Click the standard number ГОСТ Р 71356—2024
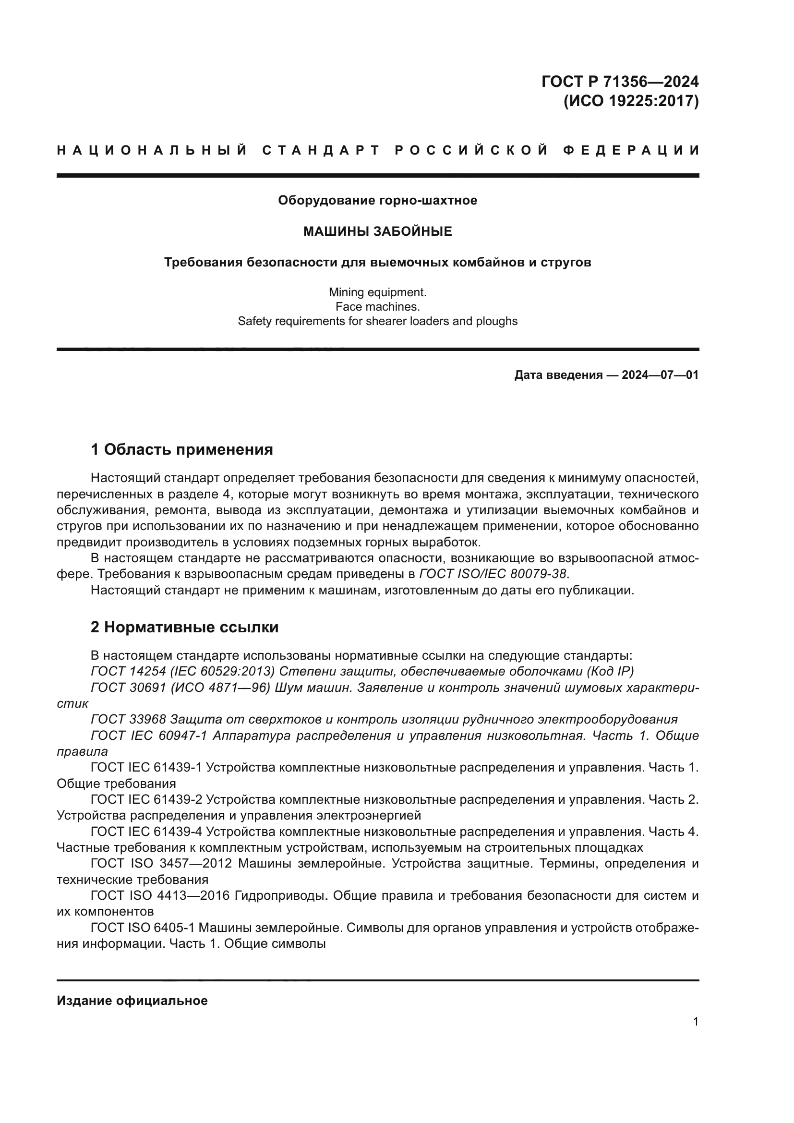click(619, 81)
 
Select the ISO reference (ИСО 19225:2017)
click(631, 101)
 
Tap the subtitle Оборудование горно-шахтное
click(377, 201)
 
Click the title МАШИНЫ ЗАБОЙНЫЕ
click(377, 231)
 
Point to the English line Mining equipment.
click(377, 292)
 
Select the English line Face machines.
click(377, 307)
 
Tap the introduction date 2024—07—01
click(660, 375)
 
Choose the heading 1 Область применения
click(182, 449)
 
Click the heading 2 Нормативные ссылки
click(184, 627)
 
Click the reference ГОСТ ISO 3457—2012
click(161, 864)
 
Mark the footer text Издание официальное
click(132, 1001)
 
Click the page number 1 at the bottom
click(696, 1022)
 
